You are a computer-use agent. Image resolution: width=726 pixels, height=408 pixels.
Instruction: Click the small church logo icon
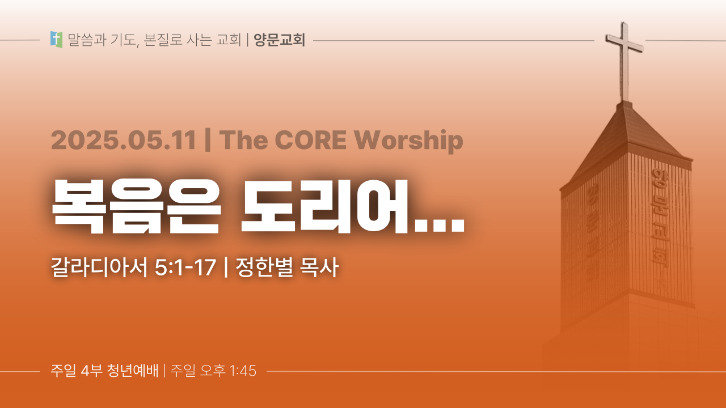tap(56, 40)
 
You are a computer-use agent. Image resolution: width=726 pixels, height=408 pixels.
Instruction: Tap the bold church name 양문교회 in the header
tap(280, 40)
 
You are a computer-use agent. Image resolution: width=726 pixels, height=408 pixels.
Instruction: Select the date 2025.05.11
tap(124, 140)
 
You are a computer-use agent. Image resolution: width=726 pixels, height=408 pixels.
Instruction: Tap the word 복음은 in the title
tap(136, 206)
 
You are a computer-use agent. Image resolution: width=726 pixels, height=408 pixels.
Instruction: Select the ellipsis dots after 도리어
tap(440, 226)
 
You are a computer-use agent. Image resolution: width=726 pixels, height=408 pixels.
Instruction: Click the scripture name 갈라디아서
tap(99, 267)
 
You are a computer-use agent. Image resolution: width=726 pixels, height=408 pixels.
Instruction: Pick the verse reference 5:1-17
tap(185, 267)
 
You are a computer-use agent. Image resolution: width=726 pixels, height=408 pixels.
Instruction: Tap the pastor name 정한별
tap(264, 267)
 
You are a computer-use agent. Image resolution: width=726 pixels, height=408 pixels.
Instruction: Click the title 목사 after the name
tap(319, 267)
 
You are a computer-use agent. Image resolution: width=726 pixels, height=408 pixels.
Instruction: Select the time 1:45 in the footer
tap(243, 371)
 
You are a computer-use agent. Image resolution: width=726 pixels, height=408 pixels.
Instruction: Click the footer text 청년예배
tap(133, 371)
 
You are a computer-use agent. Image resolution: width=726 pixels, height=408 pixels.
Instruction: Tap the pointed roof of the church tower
tap(626, 142)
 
